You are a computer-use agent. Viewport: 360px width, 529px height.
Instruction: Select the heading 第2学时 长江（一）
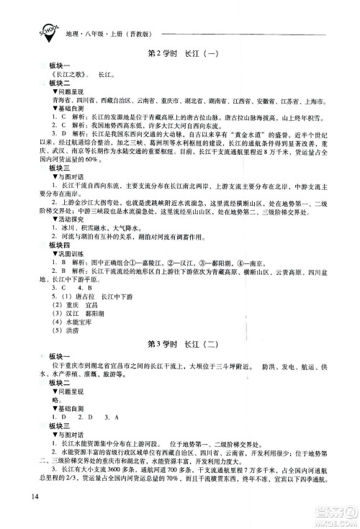pyautogui.click(x=181, y=53)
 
